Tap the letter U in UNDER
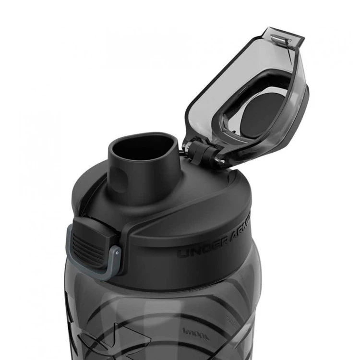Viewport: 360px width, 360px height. (184, 252)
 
